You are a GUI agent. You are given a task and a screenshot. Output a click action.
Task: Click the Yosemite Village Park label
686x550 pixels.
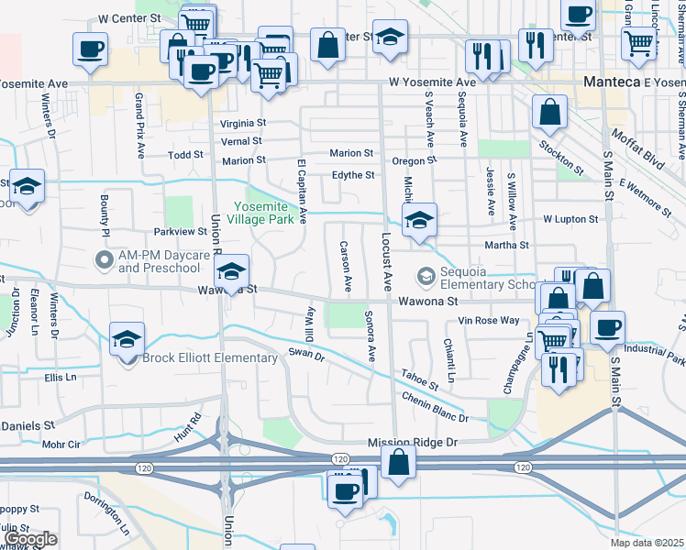[x=269, y=214]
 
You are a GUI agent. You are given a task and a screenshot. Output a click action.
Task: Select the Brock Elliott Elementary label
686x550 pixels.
[x=210, y=357]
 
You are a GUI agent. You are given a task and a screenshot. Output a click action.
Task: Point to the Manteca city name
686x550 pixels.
[x=611, y=82]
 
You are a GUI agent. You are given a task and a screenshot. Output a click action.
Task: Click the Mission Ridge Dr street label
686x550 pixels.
[x=412, y=442]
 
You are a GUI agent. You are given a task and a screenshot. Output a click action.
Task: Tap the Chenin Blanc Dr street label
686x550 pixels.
[x=435, y=407]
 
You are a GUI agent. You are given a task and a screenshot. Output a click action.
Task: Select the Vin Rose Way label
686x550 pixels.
[x=489, y=321]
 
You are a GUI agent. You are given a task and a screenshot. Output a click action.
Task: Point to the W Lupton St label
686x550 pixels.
[x=570, y=220]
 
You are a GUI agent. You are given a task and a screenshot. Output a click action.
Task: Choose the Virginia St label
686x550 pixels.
[x=243, y=123]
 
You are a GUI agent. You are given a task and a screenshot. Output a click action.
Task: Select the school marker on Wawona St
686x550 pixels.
[x=232, y=271]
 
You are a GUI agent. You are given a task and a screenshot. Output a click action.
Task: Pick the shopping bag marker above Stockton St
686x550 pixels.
[x=548, y=113]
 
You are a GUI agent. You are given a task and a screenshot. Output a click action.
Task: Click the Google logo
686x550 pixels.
[x=30, y=540]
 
